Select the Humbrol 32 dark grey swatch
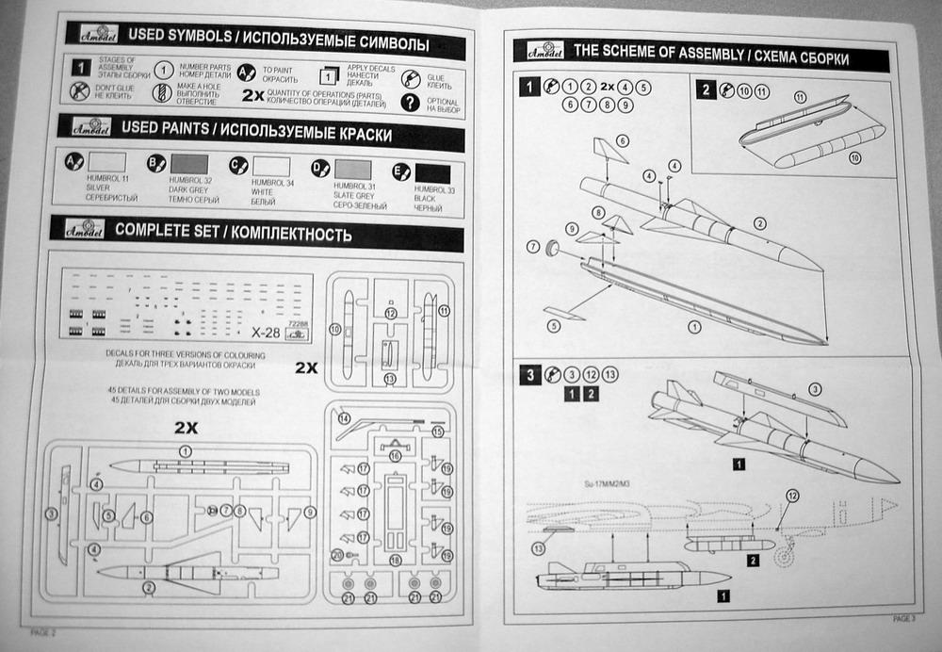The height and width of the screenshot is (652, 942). click(188, 164)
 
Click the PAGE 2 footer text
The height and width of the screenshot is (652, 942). click(44, 632)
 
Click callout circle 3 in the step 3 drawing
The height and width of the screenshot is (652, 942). click(815, 389)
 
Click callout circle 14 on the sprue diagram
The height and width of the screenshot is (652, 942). click(343, 418)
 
